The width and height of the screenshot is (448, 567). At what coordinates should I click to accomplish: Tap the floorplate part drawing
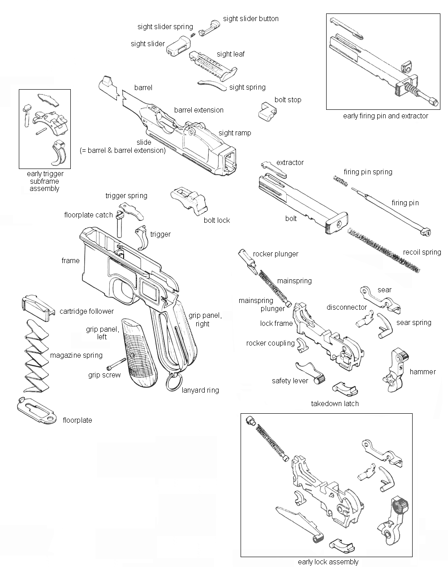pos(36,411)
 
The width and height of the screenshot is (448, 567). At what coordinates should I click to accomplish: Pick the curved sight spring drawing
pos(212,84)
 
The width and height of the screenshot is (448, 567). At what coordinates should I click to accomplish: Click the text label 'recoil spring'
pos(422,252)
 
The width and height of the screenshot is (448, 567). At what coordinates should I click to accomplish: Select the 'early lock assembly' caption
pos(328,562)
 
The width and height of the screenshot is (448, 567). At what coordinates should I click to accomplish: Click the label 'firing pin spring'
pos(368,172)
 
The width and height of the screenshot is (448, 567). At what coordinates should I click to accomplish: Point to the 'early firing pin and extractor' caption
pos(385,116)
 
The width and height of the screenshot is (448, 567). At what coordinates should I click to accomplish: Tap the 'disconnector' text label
pos(347,307)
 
